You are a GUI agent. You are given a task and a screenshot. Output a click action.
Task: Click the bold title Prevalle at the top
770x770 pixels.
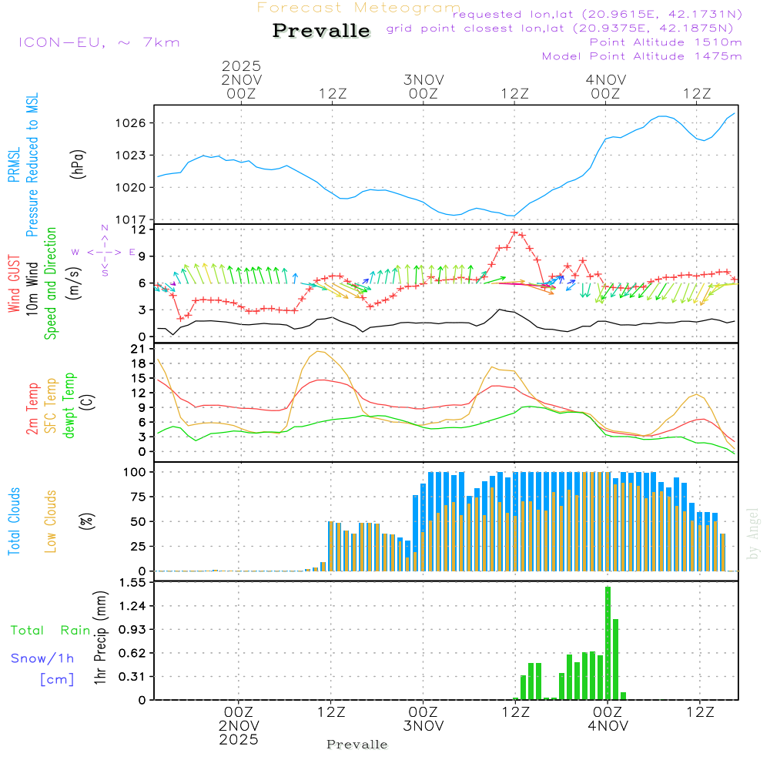[x=321, y=31]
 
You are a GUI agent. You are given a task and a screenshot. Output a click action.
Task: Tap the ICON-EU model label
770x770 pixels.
[x=99, y=42]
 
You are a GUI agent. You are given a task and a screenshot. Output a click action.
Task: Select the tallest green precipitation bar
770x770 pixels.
[x=608, y=643]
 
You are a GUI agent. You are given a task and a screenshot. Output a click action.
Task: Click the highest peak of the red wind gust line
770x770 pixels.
[x=514, y=232]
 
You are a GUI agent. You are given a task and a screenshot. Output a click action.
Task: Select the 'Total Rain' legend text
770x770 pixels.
[x=50, y=630]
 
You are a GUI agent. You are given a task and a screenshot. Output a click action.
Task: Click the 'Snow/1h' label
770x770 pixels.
[x=42, y=658]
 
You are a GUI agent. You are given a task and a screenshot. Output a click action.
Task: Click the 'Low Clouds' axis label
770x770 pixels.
[x=52, y=521]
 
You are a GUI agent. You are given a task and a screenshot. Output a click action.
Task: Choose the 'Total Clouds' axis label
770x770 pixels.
[x=15, y=521]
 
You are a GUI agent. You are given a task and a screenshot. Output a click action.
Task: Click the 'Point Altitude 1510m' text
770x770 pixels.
[x=665, y=42]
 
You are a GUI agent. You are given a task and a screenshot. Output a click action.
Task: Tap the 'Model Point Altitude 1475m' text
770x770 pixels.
[x=641, y=55]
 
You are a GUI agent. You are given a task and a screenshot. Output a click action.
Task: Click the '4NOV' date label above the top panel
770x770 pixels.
[x=605, y=79]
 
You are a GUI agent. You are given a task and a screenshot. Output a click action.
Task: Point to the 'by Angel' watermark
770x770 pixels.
[x=753, y=534]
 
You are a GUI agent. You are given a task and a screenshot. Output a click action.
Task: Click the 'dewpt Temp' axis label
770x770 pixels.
[x=70, y=406]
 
